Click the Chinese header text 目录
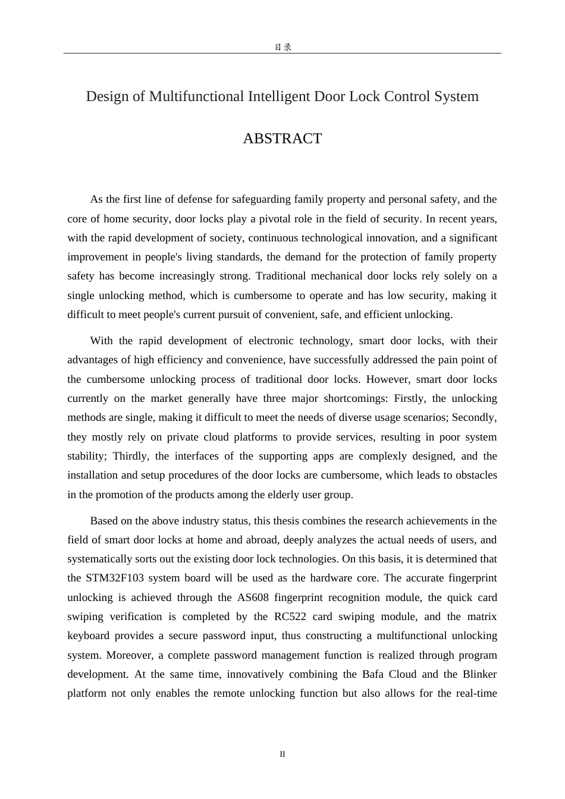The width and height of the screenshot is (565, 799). (282, 47)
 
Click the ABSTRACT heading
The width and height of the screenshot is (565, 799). (282, 139)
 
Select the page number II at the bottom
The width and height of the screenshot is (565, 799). (282, 754)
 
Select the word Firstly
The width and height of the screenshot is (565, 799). (409, 398)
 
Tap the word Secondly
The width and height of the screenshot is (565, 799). (475, 417)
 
